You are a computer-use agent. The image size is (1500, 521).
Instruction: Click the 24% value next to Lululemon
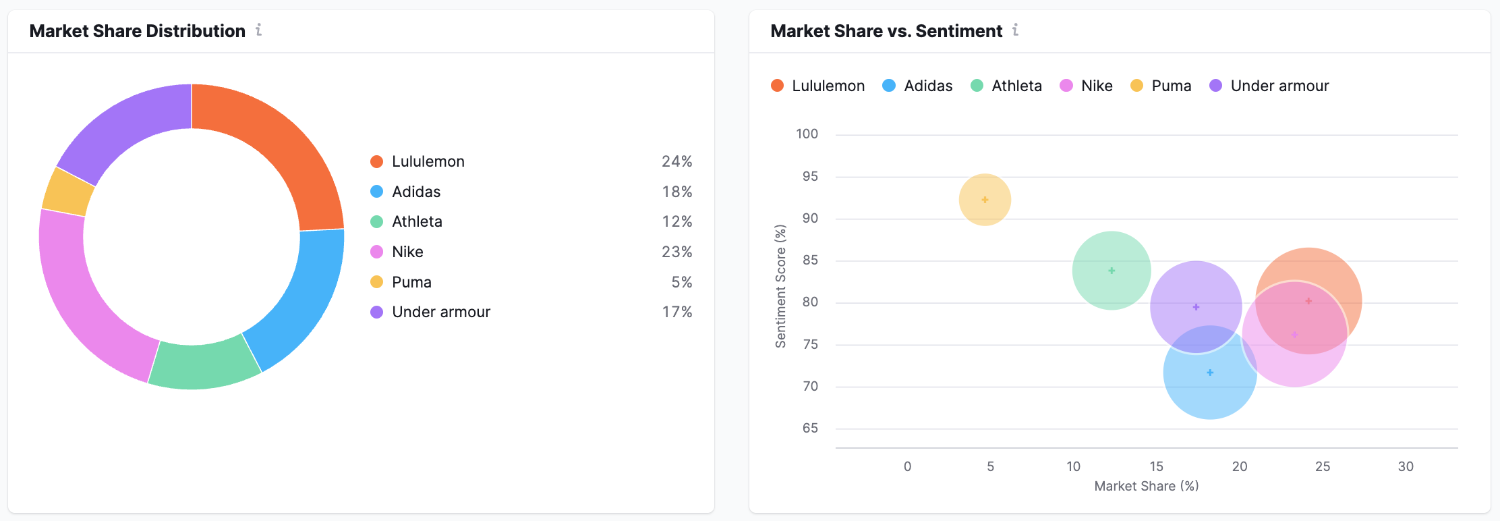(676, 161)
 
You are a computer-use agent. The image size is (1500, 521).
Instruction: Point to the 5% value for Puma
(681, 282)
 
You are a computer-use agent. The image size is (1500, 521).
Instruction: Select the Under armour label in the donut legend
(441, 312)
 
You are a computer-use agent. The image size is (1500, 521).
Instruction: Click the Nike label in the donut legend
(407, 252)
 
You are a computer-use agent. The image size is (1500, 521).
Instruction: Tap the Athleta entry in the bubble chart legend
(1016, 86)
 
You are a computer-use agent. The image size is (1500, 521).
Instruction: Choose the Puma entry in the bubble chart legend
(1171, 86)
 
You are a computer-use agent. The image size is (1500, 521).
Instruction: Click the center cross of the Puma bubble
(985, 200)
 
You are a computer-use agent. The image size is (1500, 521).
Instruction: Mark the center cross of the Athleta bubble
(1112, 271)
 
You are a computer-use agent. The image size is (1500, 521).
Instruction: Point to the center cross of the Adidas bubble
(1210, 373)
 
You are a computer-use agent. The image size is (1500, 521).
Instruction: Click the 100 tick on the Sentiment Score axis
(807, 134)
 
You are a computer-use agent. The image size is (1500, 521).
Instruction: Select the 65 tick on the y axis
(810, 428)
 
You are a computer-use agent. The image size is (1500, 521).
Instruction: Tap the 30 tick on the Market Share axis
(1406, 466)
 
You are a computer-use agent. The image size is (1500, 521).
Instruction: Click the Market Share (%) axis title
(1146, 486)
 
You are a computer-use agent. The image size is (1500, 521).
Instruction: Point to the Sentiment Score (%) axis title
(780, 286)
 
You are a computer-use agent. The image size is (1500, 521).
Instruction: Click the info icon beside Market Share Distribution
(258, 30)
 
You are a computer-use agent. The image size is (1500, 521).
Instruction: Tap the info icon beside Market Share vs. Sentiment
(1015, 30)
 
